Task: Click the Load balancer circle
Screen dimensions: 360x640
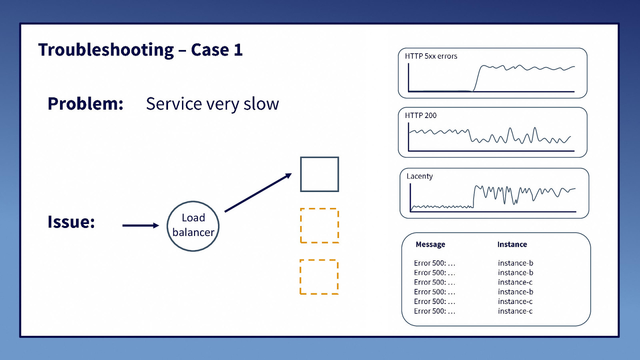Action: pos(193,226)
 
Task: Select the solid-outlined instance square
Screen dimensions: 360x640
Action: pos(320,174)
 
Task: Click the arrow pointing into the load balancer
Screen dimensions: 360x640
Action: pos(140,226)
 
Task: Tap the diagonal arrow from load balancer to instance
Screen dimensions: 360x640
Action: pos(258,193)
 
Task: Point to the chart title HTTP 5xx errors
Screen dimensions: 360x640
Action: pos(431,56)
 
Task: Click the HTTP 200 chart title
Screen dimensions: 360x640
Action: pos(420,116)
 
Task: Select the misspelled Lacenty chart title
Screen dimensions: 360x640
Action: pos(420,176)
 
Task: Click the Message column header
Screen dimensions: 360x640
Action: pos(430,244)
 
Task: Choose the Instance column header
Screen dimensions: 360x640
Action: pos(512,244)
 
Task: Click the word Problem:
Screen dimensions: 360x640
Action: pos(86,104)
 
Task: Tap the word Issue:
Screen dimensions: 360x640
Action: pos(71,222)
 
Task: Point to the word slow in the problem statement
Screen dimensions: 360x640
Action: pos(261,104)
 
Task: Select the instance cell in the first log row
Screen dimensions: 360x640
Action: pos(515,263)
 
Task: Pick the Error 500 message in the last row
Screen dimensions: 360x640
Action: pos(434,311)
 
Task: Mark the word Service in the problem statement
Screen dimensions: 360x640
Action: pos(174,104)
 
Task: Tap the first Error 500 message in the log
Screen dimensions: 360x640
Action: pos(434,263)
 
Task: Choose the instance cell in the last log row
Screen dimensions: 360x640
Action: pos(515,311)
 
